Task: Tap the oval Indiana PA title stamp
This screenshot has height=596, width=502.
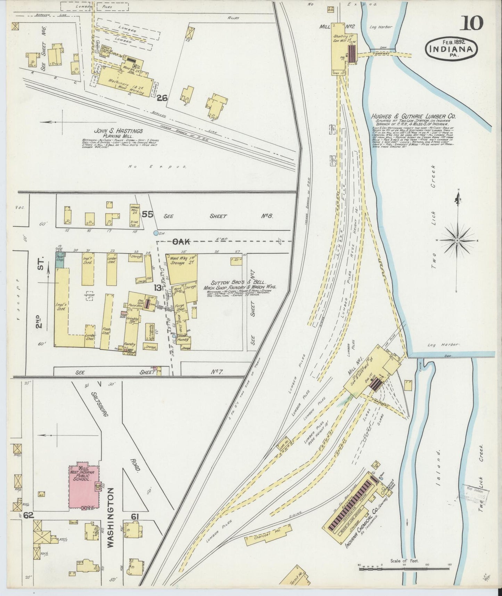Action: [x=451, y=50]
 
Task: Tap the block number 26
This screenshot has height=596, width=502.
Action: [x=162, y=98]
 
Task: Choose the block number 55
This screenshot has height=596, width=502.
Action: [x=147, y=214]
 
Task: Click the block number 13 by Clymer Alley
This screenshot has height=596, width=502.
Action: [x=158, y=287]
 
